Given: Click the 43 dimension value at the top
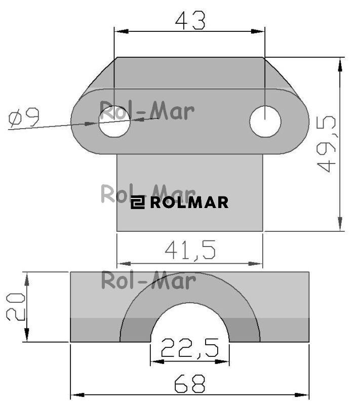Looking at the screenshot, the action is [x=190, y=20].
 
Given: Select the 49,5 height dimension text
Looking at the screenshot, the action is [x=326, y=144].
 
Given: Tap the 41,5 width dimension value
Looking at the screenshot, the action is [x=190, y=250].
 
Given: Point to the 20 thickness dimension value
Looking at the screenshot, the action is [x=16, y=307].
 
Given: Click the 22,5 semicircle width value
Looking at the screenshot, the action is [x=190, y=348].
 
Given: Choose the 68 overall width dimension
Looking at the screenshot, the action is [x=190, y=384].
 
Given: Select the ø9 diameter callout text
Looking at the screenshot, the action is [x=24, y=117].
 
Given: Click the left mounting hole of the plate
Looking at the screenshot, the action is [x=114, y=121].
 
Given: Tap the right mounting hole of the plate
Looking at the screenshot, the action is [x=265, y=121].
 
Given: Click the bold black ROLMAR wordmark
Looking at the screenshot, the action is [x=189, y=202].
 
